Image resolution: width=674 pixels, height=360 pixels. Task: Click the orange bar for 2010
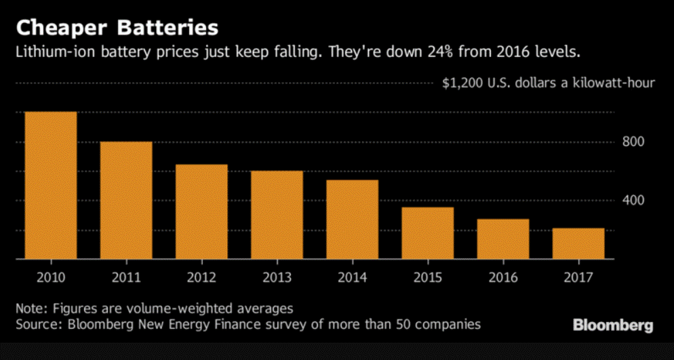[x=50, y=184]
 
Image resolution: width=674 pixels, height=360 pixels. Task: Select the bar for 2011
[x=125, y=200]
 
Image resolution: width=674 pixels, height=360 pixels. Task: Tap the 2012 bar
[x=201, y=212]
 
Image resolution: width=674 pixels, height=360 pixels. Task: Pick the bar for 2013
[x=277, y=214]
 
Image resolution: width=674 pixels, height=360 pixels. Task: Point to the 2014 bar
[x=352, y=219]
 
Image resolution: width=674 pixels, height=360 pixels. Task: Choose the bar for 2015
[x=427, y=233]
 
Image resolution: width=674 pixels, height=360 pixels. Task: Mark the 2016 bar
[x=502, y=239]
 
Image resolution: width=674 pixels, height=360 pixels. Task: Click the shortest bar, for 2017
[x=578, y=243]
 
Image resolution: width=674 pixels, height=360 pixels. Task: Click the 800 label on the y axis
[x=633, y=142]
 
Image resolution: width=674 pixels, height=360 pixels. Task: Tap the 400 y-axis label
[x=633, y=201]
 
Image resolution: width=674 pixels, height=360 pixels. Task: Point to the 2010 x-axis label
[x=50, y=277]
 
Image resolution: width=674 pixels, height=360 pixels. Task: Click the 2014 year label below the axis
[x=352, y=277]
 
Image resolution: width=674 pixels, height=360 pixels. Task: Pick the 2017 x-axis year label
[x=578, y=277]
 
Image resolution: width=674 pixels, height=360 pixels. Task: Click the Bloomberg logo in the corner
[x=613, y=325]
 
